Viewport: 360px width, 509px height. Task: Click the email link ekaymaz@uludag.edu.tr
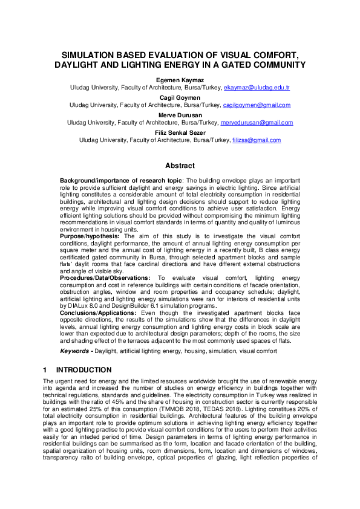click(x=257, y=88)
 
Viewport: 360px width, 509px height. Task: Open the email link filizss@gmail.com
click(x=257, y=140)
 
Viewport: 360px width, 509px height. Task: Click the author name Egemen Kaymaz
click(x=180, y=79)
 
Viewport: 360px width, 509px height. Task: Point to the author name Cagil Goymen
click(x=180, y=97)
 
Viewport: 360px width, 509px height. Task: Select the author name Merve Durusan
click(x=180, y=114)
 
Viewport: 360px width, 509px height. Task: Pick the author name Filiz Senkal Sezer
click(x=180, y=132)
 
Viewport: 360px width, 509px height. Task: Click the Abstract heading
click(x=180, y=166)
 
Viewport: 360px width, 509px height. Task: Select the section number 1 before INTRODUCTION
click(x=45, y=369)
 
